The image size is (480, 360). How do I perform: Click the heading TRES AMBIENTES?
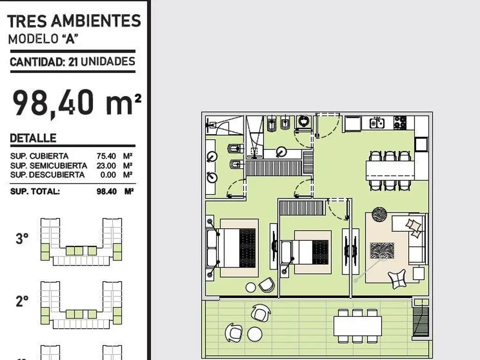pyautogui.click(x=74, y=22)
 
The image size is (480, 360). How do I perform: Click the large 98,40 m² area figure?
pyautogui.click(x=77, y=103)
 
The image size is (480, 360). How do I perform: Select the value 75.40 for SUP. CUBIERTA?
pyautogui.click(x=106, y=156)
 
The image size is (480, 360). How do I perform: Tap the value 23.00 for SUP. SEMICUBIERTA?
pyautogui.click(x=106, y=165)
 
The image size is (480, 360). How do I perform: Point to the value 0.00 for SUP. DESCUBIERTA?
pyautogui.click(x=108, y=175)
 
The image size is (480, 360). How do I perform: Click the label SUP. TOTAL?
pyautogui.click(x=35, y=192)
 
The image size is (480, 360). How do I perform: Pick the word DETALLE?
pyautogui.click(x=33, y=138)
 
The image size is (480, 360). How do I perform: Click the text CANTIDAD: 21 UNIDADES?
pyautogui.click(x=73, y=61)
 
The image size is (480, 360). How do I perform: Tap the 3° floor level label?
pyautogui.click(x=22, y=238)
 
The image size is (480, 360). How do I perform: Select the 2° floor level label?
pyautogui.click(x=22, y=301)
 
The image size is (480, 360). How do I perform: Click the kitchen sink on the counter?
pyautogui.click(x=377, y=123)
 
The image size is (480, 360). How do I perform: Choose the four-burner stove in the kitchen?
pyautogui.click(x=400, y=122)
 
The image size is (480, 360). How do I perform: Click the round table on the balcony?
pyautogui.click(x=255, y=334)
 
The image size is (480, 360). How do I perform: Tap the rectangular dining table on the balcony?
pyautogui.click(x=358, y=326)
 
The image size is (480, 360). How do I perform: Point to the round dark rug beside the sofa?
pyautogui.click(x=379, y=214)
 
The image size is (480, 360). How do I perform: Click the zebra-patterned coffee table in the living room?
pyautogui.click(x=382, y=250)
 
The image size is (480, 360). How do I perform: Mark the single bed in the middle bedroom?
pyautogui.click(x=305, y=252)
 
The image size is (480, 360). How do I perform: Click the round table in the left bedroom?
pyautogui.click(x=251, y=287)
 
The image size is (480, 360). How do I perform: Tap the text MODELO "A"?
pyautogui.click(x=43, y=39)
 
